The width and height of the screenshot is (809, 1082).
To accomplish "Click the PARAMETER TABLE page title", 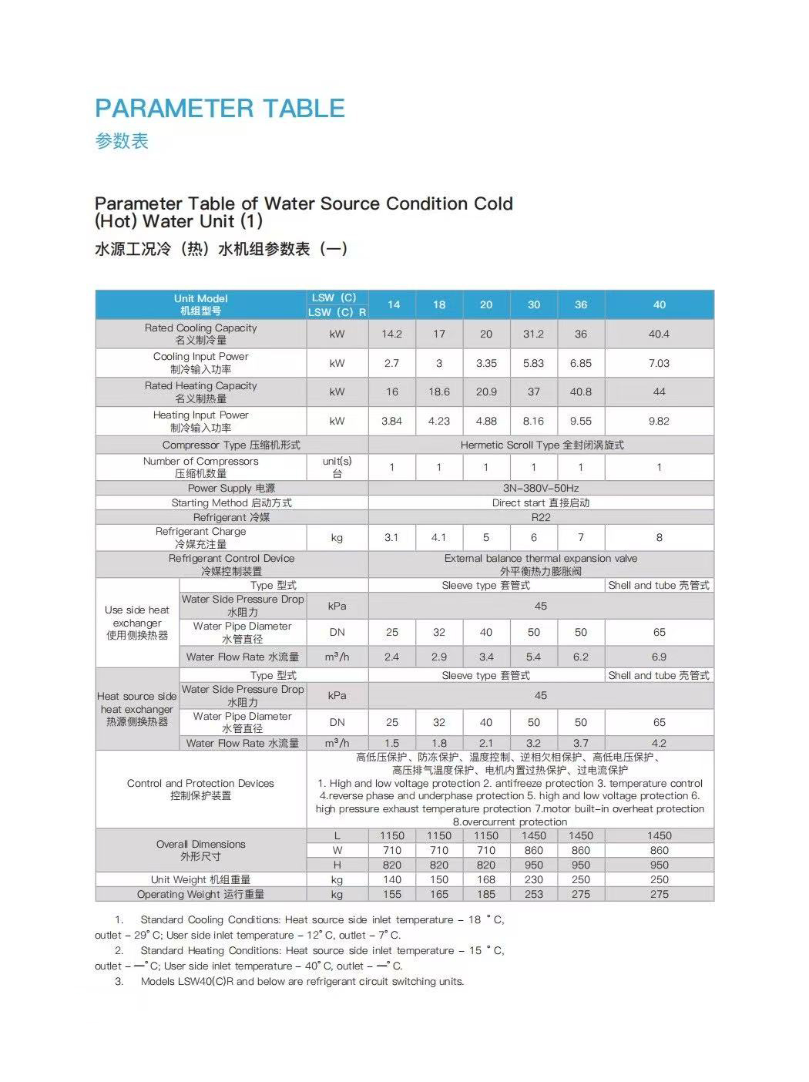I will point(220,108).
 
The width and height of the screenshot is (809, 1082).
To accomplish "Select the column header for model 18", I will point(439,304).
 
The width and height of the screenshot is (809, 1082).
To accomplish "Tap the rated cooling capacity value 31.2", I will point(533,334).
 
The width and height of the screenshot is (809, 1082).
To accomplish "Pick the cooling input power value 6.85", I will point(580,363).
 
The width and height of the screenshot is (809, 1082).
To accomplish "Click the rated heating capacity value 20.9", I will point(486,391).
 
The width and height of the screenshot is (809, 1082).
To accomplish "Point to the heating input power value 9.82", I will point(659,421).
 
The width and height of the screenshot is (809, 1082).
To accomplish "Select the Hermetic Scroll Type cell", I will point(542,445).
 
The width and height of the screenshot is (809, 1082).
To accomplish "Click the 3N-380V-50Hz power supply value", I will point(541,488).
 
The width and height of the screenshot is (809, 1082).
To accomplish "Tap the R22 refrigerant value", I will point(541,517).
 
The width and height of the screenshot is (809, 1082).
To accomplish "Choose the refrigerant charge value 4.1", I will point(439,537).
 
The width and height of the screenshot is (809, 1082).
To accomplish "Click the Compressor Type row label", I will point(231,445).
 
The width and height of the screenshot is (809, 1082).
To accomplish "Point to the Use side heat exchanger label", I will point(137,623).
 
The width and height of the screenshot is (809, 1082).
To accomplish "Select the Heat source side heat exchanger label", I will point(137,709).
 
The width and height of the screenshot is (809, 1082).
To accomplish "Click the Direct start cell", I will point(541,502).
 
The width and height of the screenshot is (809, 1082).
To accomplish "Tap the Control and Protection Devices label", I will point(200,789).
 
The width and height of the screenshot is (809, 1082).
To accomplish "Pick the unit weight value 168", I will point(486,879).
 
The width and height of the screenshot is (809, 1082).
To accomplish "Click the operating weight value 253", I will point(533,894).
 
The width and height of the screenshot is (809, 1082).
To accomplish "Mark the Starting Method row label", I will point(231,502).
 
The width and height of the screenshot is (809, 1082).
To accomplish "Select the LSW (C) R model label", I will point(337,312).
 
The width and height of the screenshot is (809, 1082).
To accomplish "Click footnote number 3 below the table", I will point(119,981).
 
